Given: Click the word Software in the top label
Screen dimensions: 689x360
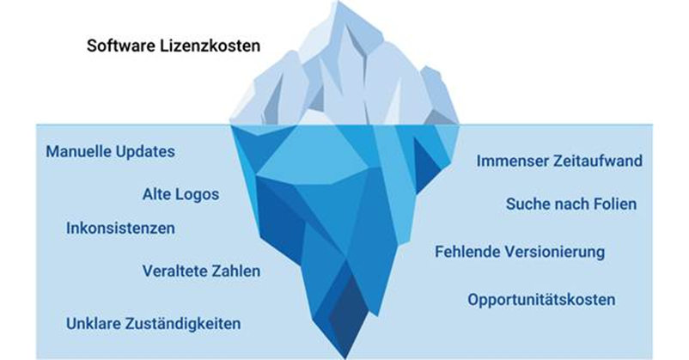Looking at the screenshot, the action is [118, 46].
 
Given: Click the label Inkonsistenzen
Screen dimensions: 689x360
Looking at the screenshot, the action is [120, 229].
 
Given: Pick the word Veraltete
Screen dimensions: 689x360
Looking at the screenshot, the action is [174, 272].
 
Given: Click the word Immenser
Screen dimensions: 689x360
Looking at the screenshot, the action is [513, 161].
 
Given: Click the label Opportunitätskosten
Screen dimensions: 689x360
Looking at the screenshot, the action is [541, 300].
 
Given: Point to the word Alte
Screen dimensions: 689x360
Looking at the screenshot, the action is [156, 194].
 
